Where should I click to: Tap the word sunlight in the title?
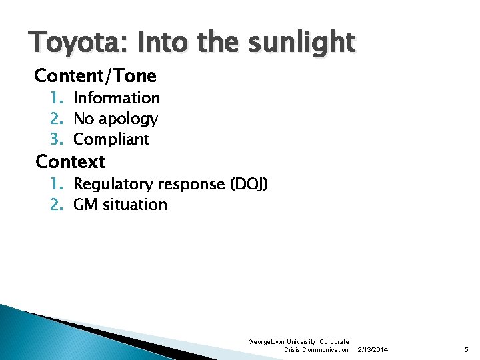303,43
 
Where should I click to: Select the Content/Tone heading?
95,76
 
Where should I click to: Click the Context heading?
70,161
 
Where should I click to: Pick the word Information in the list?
117,98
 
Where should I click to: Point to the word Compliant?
111,139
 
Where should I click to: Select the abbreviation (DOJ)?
249,184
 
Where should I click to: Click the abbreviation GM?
85,205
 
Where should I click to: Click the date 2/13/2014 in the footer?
373,349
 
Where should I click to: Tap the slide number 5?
465,349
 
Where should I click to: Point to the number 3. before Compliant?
57,139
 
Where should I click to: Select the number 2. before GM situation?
57,205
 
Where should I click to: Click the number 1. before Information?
57,98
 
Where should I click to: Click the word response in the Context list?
193,184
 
